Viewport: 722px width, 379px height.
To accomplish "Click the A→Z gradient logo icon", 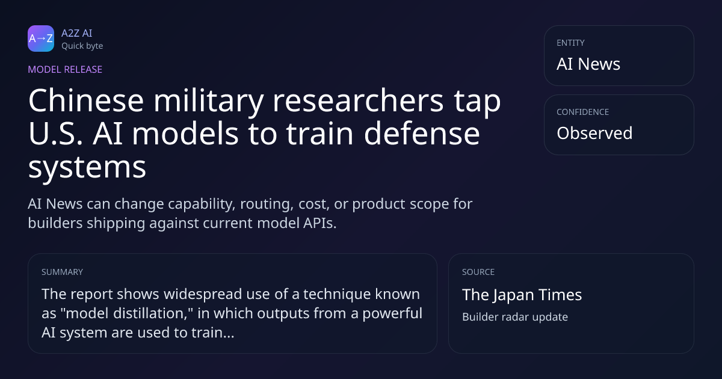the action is [41, 39].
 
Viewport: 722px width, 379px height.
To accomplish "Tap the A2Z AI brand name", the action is [77, 33].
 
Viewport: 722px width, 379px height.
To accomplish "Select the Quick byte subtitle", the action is [82, 46].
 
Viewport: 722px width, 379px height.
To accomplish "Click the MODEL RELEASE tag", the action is [65, 69].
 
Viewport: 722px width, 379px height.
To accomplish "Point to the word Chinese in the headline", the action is [86, 100].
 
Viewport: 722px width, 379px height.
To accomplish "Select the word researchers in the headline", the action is [358, 100].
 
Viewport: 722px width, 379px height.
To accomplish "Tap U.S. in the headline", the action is [56, 134].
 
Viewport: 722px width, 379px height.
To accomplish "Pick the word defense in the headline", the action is [422, 133].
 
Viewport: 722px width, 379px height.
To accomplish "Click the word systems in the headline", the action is [87, 168].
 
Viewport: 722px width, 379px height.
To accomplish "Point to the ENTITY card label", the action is [570, 43].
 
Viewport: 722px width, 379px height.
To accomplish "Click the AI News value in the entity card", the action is [588, 64].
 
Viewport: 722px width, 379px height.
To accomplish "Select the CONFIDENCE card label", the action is [583, 112].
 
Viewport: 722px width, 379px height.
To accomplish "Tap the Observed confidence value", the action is [594, 133].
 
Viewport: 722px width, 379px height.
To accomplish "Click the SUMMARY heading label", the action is [62, 272].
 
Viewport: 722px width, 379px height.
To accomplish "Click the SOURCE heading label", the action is [478, 272].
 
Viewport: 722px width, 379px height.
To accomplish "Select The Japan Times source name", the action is [522, 295].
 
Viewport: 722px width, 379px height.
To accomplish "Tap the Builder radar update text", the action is [515, 317].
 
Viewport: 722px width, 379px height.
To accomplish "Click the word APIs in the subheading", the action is [319, 223].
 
